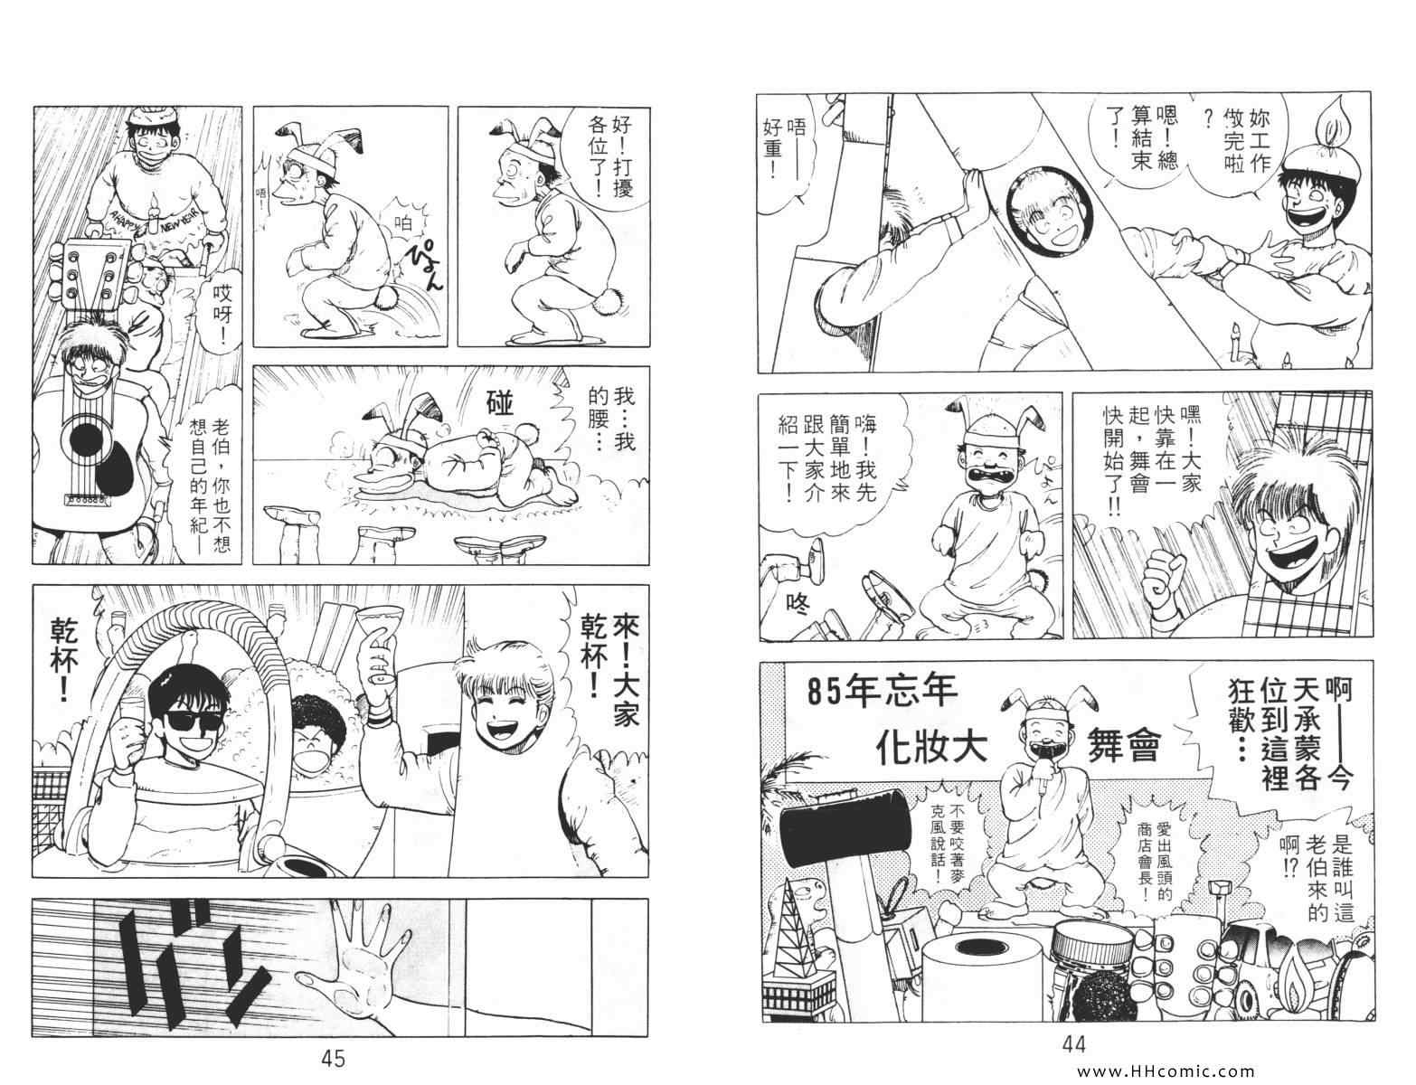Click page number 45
tap(333, 1058)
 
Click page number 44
tap(1074, 1044)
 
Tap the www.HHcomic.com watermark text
tap(1166, 1071)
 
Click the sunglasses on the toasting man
tap(189, 721)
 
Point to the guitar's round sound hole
tap(86, 439)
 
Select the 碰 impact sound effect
tap(499, 403)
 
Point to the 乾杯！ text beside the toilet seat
tap(64, 659)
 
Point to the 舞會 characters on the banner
tap(1124, 748)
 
